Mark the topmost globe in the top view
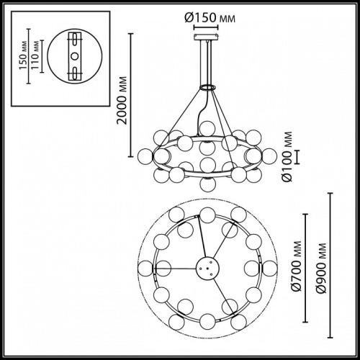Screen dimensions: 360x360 tap(207, 214)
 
